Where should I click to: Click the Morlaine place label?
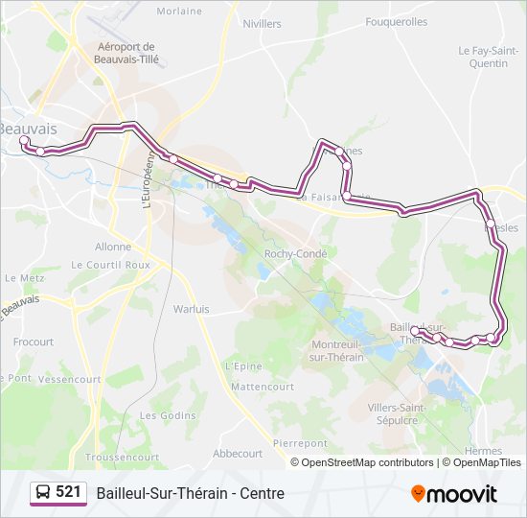point(179,12)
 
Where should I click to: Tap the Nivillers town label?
point(263,24)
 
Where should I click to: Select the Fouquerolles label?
point(397,21)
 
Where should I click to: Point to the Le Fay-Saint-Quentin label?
point(483,58)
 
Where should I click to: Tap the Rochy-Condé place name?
point(295,254)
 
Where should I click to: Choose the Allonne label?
point(113,247)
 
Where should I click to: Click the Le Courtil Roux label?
point(111,265)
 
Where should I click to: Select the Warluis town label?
point(191,309)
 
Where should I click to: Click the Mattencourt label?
point(263,387)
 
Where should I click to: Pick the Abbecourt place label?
point(238,454)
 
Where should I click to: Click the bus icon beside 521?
point(43,493)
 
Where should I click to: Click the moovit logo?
point(454,494)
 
